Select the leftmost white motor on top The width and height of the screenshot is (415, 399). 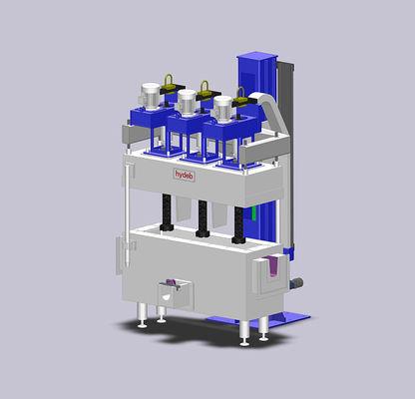[x=152, y=95]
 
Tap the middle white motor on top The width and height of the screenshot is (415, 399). [x=187, y=103]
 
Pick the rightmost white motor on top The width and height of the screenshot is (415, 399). [x=222, y=108]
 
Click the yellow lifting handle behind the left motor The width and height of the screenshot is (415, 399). [x=170, y=83]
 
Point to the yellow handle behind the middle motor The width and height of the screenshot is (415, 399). [x=205, y=89]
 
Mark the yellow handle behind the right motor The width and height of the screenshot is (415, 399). [x=239, y=96]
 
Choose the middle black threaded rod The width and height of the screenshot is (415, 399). [x=203, y=219]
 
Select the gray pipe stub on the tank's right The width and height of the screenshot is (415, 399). [x=295, y=283]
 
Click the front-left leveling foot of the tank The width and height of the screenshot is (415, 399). [x=143, y=320]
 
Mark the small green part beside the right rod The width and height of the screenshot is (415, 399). [x=254, y=211]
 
